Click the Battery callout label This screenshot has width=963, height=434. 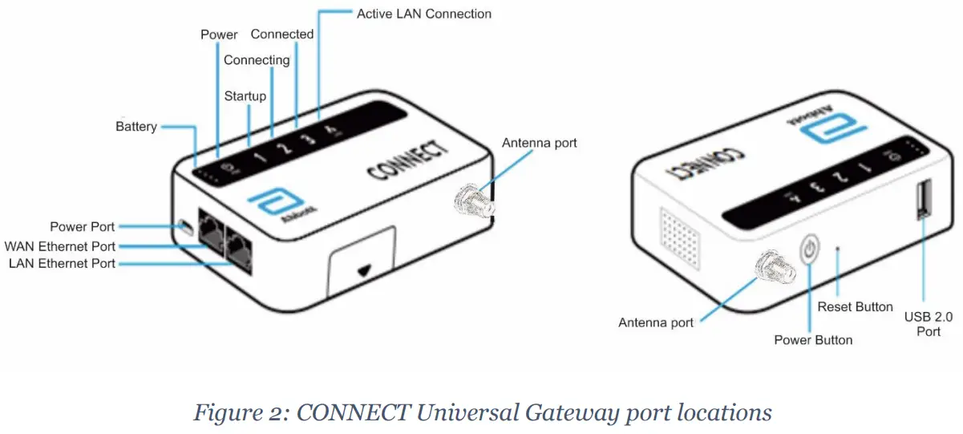[136, 127]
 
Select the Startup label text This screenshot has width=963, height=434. [245, 96]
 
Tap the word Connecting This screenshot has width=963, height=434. [257, 60]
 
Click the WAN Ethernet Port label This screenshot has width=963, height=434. [60, 246]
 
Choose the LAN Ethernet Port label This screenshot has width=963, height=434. [62, 263]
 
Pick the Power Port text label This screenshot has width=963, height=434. [82, 227]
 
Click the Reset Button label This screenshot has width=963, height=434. [855, 306]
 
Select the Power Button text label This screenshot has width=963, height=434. [813, 339]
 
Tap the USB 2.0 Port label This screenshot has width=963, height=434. [929, 323]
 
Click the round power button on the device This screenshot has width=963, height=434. [811, 250]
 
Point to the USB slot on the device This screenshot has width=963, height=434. [922, 199]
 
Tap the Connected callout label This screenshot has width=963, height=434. [282, 34]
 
